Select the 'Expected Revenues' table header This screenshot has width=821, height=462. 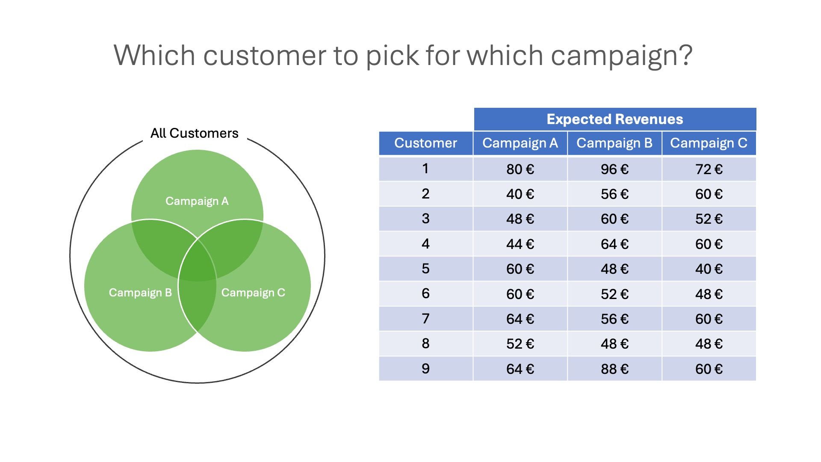click(x=615, y=119)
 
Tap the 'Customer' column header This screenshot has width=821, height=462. click(x=426, y=143)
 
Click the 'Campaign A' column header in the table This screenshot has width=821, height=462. click(x=520, y=143)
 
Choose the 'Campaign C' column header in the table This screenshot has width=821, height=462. click(x=709, y=143)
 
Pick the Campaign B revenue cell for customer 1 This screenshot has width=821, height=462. click(x=614, y=169)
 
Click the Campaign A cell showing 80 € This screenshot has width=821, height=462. click(x=520, y=169)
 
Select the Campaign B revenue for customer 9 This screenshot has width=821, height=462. click(x=614, y=369)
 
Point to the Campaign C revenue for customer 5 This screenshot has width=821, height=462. click(x=709, y=269)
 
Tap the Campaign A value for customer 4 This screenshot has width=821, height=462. click(x=520, y=244)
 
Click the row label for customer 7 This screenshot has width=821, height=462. click(x=426, y=319)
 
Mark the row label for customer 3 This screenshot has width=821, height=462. click(x=426, y=219)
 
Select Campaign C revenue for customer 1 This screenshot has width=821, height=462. click(x=709, y=169)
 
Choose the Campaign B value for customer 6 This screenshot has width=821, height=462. click(x=614, y=294)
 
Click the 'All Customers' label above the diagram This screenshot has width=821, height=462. click(x=194, y=133)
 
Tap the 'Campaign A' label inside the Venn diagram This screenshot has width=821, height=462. click(x=197, y=201)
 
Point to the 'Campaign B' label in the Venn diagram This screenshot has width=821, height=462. click(x=140, y=293)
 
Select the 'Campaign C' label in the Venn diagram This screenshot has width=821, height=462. click(x=253, y=293)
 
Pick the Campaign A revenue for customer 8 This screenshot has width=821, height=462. click(x=520, y=344)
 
